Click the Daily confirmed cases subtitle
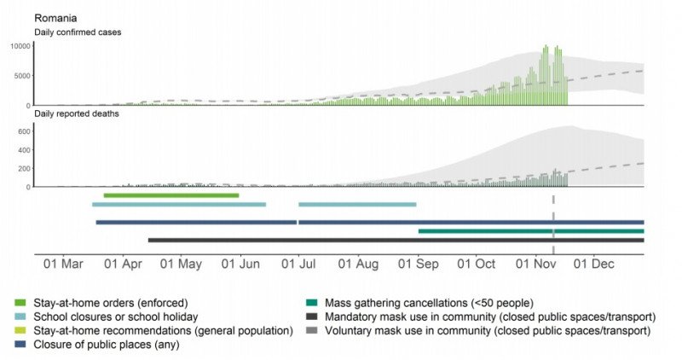pyautogui.click(x=76, y=32)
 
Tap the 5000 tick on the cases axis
pyautogui.click(x=20, y=75)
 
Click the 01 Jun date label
pyautogui.click(x=240, y=264)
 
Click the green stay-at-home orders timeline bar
pyautogui.click(x=170, y=195)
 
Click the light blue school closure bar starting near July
pyautogui.click(x=357, y=205)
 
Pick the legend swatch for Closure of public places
pyautogui.click(x=20, y=344)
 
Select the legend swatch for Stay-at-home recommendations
pyautogui.click(x=20, y=329)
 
